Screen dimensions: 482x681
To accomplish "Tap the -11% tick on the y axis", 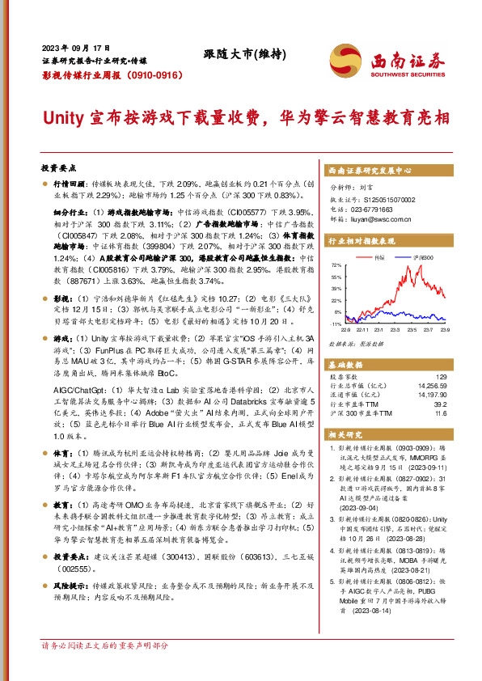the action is [336, 324].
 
